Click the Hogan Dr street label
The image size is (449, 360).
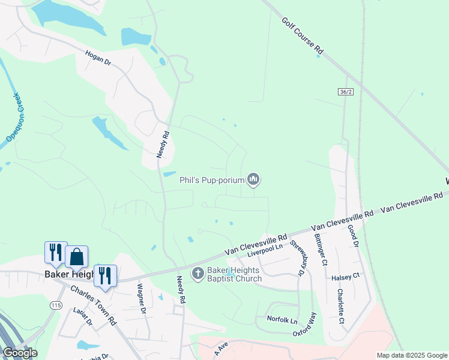pos(98,58)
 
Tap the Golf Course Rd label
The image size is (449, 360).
pos(303,36)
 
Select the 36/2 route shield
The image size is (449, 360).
pos(345,92)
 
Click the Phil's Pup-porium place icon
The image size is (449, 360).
pos(254,179)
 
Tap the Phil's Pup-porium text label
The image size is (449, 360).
pos(212,179)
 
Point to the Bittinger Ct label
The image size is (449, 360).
pos(321,250)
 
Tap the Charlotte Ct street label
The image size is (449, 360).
pos(340,307)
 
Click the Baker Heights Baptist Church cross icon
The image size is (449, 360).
pos(198,274)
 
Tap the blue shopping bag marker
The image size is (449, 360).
pos(77,257)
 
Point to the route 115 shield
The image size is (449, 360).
pos(56,305)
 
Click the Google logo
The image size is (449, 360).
pos(20,353)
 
